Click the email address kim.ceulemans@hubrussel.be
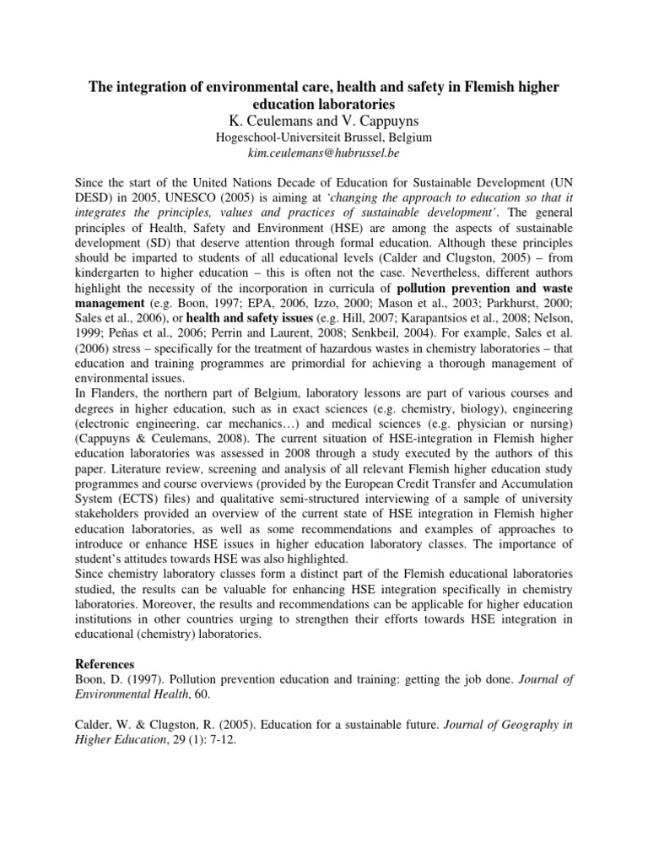323,153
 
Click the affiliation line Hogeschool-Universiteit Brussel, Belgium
323,137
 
